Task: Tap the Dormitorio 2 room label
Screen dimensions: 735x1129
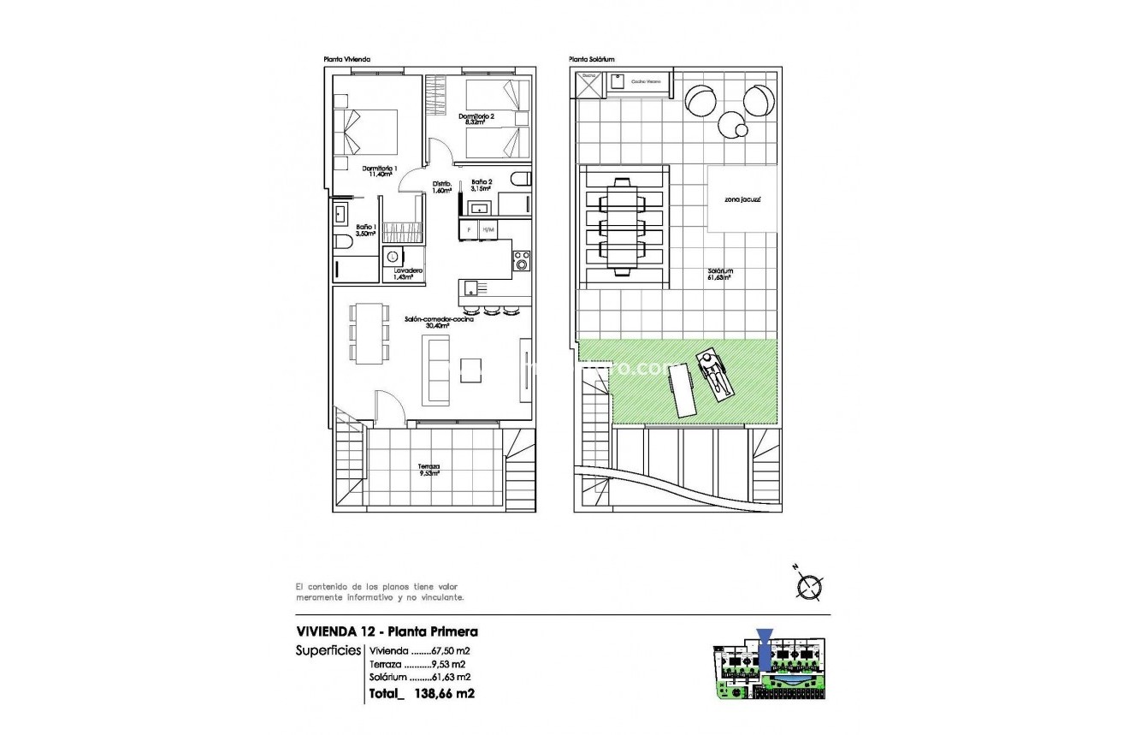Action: tap(476, 119)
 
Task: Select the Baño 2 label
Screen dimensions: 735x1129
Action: tap(481, 185)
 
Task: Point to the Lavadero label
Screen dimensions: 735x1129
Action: tap(408, 273)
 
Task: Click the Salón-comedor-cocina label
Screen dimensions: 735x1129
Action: tap(440, 322)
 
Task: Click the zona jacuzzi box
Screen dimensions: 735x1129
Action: tap(742, 199)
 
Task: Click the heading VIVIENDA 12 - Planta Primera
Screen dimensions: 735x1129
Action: tap(387, 632)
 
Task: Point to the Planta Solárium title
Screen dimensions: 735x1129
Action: tap(592, 60)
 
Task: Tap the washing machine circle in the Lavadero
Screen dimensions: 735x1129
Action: tap(393, 255)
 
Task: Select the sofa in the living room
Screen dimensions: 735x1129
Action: tap(437, 370)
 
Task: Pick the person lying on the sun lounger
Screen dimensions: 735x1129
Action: tap(714, 374)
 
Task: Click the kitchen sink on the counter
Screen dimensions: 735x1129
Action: tap(470, 287)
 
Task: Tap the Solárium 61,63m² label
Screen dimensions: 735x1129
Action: tap(719, 273)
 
